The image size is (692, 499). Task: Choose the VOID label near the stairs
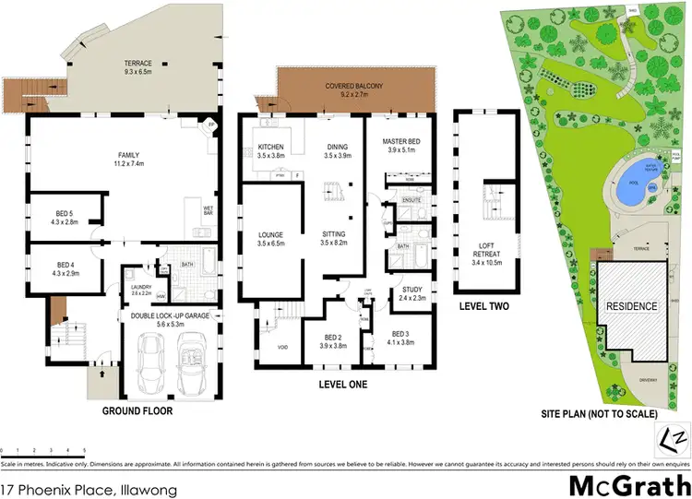click(x=283, y=348)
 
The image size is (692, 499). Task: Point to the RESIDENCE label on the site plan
click(x=631, y=306)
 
